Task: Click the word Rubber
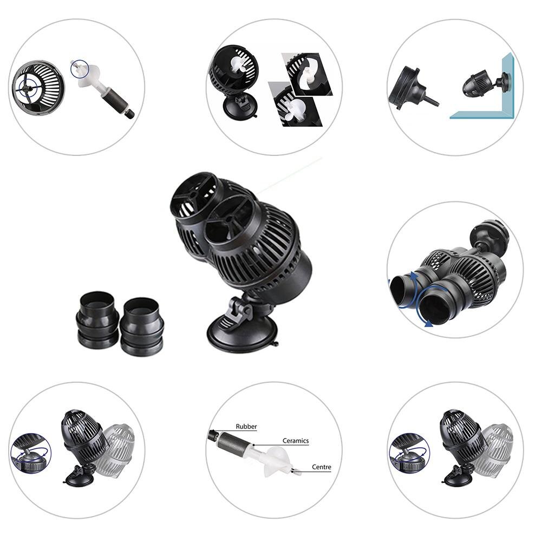click(x=246, y=427)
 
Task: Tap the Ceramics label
click(x=295, y=441)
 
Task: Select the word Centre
click(x=321, y=467)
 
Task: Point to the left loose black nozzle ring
click(x=97, y=321)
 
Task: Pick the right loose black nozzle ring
click(x=142, y=326)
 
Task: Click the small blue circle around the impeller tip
click(x=79, y=68)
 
